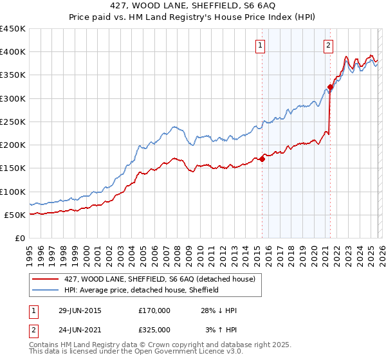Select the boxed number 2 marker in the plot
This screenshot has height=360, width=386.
tap(328, 45)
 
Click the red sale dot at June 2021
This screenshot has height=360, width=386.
tap(330, 87)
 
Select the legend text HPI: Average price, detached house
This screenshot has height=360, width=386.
tap(142, 290)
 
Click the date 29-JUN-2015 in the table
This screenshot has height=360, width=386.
tap(79, 310)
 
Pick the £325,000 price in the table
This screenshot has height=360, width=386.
tap(154, 329)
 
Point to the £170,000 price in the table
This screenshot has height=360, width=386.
tap(154, 310)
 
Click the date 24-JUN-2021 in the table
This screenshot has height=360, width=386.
tap(79, 329)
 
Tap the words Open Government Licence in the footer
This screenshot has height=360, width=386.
tap(160, 353)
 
